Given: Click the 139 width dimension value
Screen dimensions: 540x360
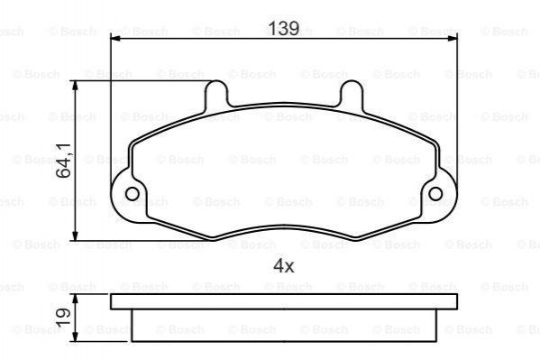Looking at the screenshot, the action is (283, 28).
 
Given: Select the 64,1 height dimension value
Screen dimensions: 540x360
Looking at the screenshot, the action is (64, 161).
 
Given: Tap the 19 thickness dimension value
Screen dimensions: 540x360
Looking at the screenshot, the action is (64, 318).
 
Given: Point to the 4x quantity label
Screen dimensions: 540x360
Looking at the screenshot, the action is (283, 266).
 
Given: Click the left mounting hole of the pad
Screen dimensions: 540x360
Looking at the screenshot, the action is (133, 194).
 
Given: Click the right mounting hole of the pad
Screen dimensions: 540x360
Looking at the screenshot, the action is (435, 194).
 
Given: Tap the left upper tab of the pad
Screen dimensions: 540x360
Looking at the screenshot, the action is (216, 93).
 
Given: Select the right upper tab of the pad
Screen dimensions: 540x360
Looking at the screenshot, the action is (352, 93).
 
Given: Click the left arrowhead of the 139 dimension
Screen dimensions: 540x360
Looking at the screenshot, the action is (115, 38).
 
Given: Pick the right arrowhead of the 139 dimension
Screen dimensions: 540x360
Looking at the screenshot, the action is (453, 38).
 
